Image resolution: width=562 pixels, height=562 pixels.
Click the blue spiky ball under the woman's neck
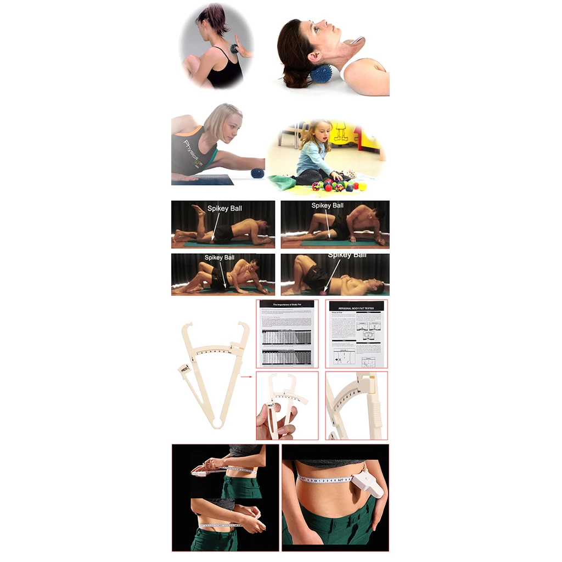tap(322, 73)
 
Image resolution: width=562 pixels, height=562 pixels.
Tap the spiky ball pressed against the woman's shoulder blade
tap(234, 48)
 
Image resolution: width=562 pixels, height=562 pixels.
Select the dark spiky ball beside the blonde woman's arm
tap(257, 173)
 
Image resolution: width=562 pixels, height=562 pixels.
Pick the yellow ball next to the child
tap(362, 186)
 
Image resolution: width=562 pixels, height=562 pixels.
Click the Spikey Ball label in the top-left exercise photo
tap(224, 209)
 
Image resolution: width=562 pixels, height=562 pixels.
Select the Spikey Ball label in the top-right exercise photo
tap(327, 206)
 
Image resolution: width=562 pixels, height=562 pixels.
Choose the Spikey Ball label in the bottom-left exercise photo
tap(220, 257)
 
